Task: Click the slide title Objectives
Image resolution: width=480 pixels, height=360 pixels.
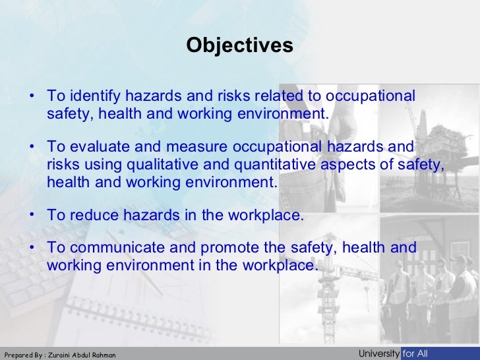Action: coord(239,45)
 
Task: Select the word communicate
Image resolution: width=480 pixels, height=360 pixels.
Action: coord(109,248)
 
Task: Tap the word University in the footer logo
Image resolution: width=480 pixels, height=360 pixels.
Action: coord(378,354)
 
